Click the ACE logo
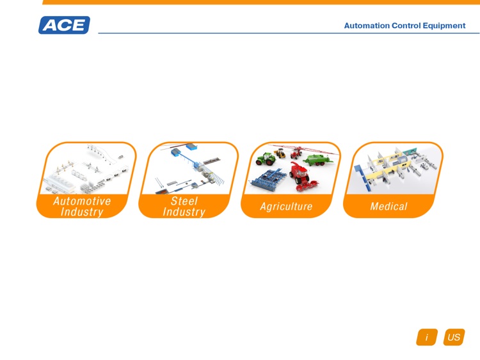(64, 25)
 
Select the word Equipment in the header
(444, 26)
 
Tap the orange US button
(454, 337)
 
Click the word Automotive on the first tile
(82, 201)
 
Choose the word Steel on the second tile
(184, 201)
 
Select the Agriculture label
(286, 207)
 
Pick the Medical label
(388, 207)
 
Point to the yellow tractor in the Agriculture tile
(280, 154)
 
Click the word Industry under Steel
(184, 212)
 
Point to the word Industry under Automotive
(82, 212)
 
